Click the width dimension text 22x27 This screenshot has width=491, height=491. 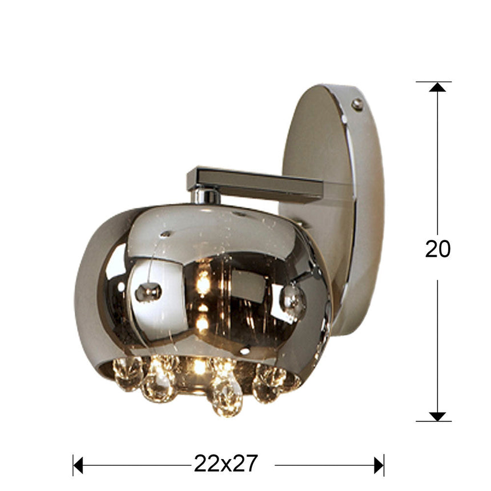click(226, 463)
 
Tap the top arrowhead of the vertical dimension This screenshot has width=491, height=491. click(437, 87)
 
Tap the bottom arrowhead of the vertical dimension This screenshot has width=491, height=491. click(437, 416)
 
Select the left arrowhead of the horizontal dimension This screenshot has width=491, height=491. click(79, 465)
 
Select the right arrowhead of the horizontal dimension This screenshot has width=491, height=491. click(379, 465)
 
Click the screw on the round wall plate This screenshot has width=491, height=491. click(357, 104)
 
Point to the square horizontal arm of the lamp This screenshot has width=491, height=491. click(257, 183)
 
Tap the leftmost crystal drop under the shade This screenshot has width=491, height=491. click(127, 374)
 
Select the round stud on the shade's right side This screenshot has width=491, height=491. click(293, 298)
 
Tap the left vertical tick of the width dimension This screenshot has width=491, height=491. click(74, 465)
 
